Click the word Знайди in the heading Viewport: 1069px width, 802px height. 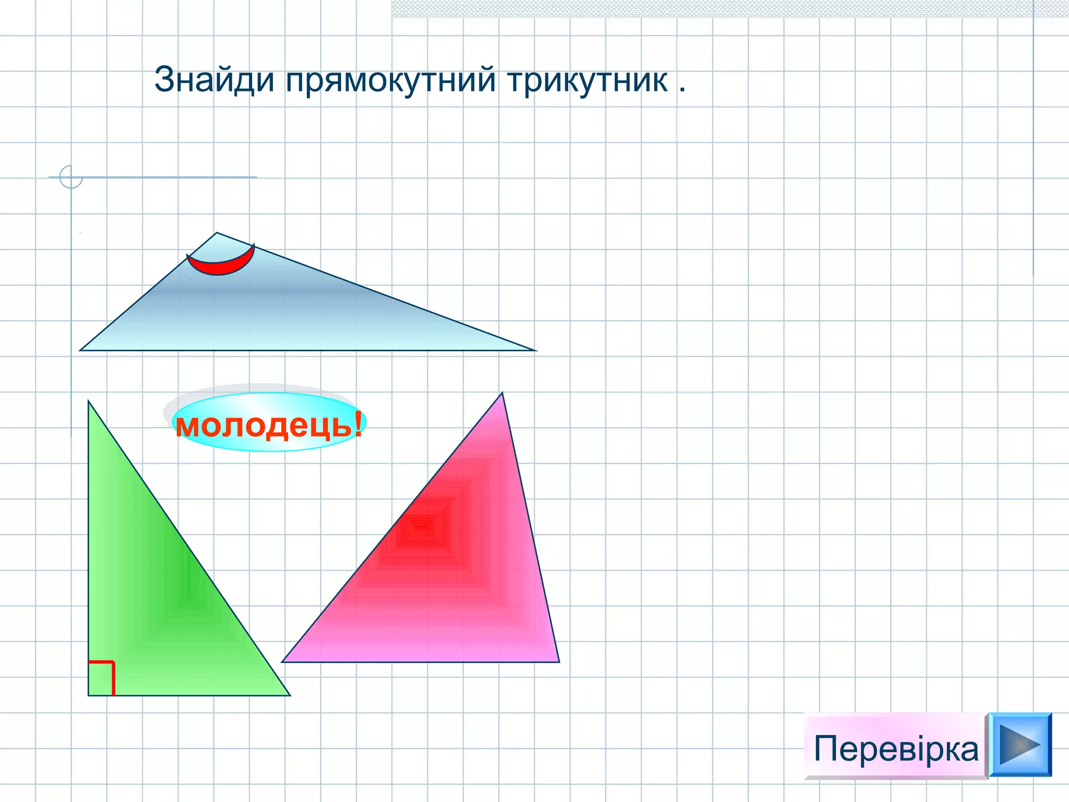pyautogui.click(x=214, y=80)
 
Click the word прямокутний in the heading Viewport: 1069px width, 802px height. pyautogui.click(x=390, y=80)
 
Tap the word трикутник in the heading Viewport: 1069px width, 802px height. pyautogui.click(x=587, y=80)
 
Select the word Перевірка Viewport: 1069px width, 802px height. pyautogui.click(x=896, y=749)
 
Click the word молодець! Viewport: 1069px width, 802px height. pyautogui.click(x=269, y=424)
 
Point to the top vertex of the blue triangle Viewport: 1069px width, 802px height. pyautogui.click(x=217, y=233)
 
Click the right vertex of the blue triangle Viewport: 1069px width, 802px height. pyautogui.click(x=535, y=350)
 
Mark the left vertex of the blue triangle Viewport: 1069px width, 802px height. pyautogui.click(x=81, y=350)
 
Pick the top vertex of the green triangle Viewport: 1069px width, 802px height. pyautogui.click(x=89, y=402)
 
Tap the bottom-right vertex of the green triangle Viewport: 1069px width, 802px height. pyautogui.click(x=289, y=695)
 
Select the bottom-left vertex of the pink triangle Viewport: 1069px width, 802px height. pyautogui.click(x=283, y=662)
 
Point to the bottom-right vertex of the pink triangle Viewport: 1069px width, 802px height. pyautogui.click(x=559, y=662)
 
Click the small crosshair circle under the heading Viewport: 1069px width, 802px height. pyautogui.click(x=71, y=176)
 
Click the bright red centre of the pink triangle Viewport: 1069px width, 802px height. pyautogui.click(x=420, y=527)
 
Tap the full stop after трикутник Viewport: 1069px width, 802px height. pyautogui.click(x=682, y=90)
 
